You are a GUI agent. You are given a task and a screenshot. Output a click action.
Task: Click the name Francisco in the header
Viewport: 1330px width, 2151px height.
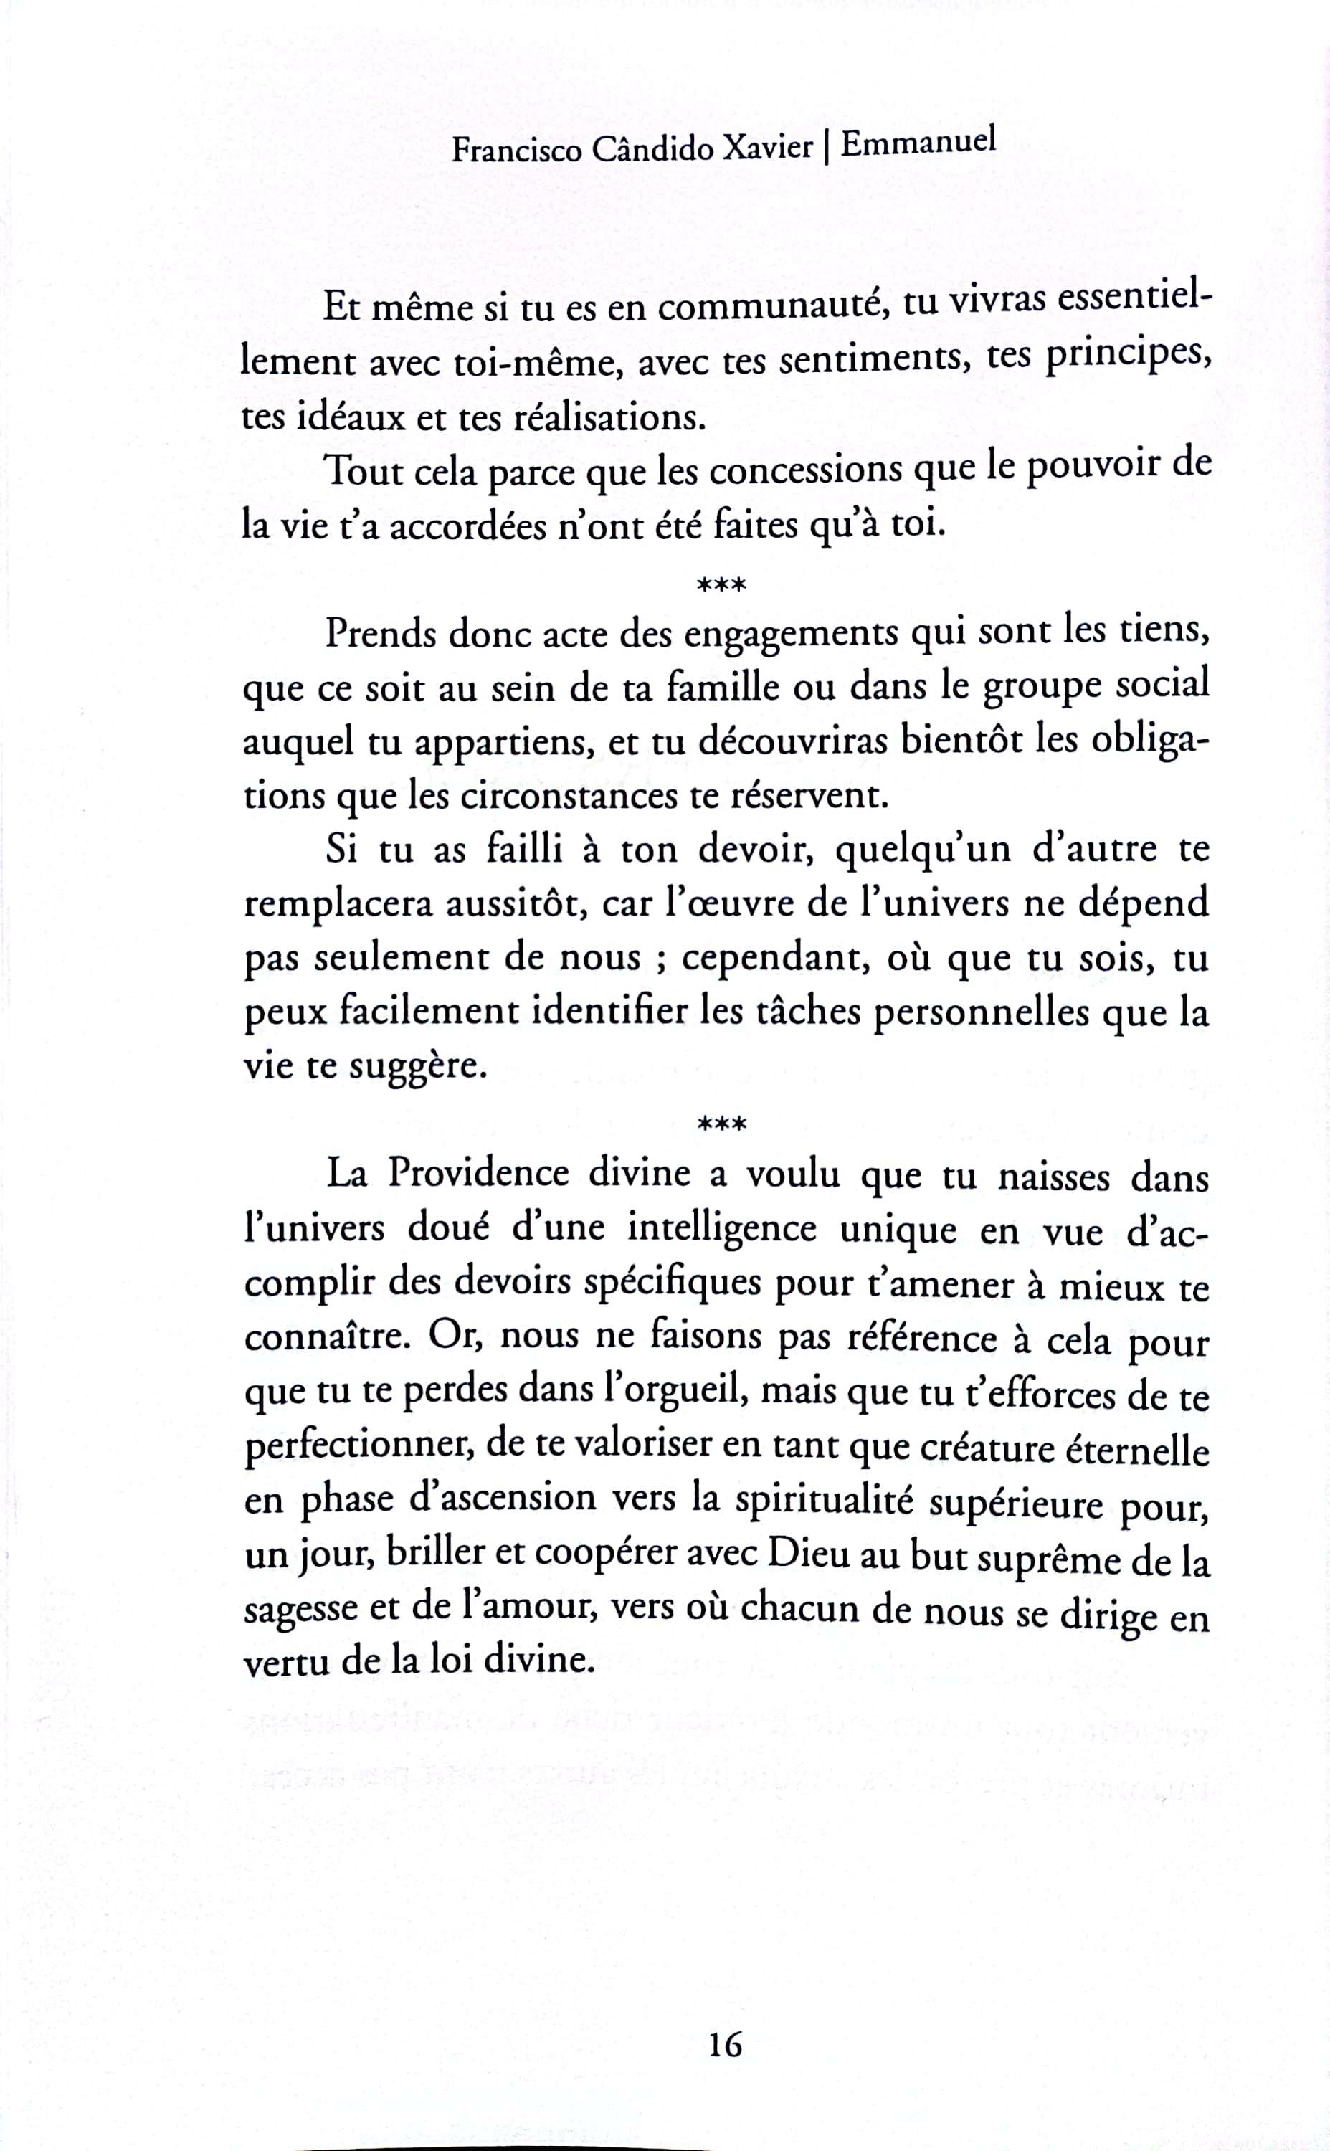click(x=516, y=151)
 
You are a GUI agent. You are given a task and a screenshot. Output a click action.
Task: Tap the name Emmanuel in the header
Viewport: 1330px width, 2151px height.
click(x=918, y=143)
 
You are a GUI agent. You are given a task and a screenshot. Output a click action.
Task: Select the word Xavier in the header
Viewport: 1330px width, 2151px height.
click(x=767, y=147)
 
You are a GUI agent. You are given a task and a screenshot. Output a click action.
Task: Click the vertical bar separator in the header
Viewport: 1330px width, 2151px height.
click(x=827, y=147)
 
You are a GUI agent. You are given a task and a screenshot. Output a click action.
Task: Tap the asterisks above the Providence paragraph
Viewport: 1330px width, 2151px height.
click(x=721, y=1123)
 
